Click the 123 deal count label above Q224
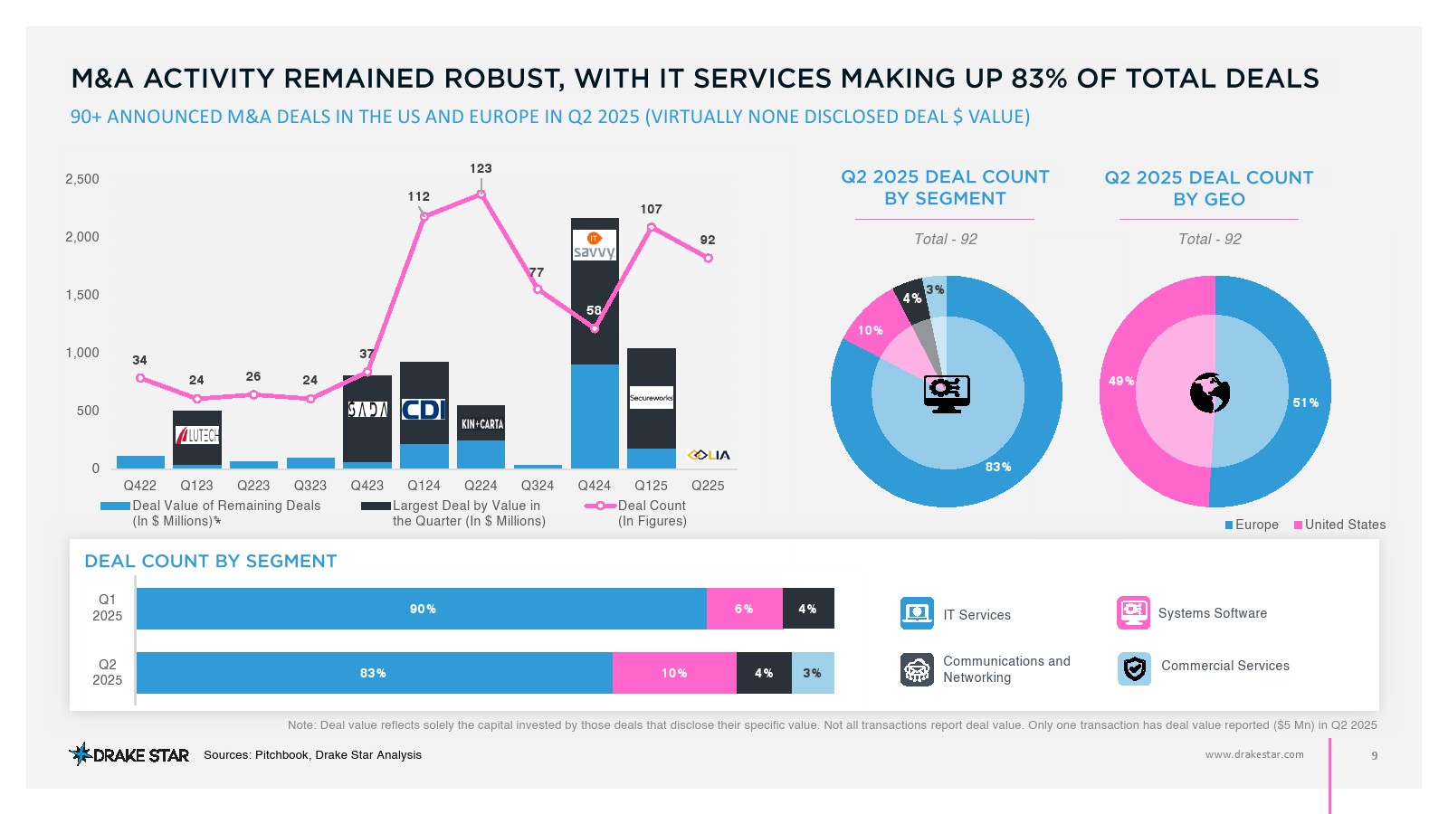pyautogui.click(x=481, y=168)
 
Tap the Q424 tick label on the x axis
pyautogui.click(x=594, y=486)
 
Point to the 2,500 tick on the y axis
pyautogui.click(x=82, y=179)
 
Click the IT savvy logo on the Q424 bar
pyautogui.click(x=595, y=245)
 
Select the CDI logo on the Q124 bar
pyautogui.click(x=424, y=410)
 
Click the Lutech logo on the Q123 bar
pyautogui.click(x=197, y=435)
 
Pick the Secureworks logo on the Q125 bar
pyautogui.click(x=652, y=398)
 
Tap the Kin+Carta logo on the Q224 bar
pyautogui.click(x=481, y=424)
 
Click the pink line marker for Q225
pyautogui.click(x=709, y=259)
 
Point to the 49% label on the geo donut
pyautogui.click(x=1121, y=381)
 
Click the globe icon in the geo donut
pyautogui.click(x=1210, y=393)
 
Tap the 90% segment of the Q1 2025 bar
pyautogui.click(x=422, y=609)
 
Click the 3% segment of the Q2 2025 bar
pyautogui.click(x=813, y=673)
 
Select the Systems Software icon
pyautogui.click(x=1133, y=612)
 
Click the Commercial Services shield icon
pyautogui.click(x=1134, y=668)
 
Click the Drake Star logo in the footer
pyautogui.click(x=129, y=754)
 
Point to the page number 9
pyautogui.click(x=1375, y=755)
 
